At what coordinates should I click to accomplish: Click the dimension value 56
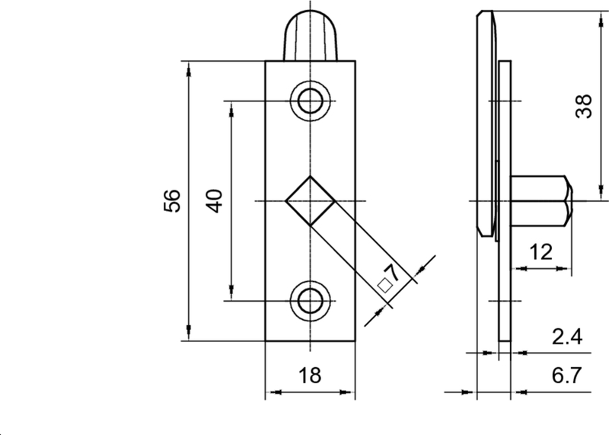[x=172, y=201]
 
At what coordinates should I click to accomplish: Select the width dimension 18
[x=310, y=375]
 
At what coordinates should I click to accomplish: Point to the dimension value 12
[x=542, y=253]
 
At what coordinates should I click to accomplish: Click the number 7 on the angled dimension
[x=393, y=273]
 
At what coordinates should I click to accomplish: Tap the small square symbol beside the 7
[x=384, y=286]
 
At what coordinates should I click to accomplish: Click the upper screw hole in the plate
[x=310, y=101]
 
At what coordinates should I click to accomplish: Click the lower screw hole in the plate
[x=310, y=300]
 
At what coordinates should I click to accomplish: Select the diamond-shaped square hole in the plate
[x=310, y=201]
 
